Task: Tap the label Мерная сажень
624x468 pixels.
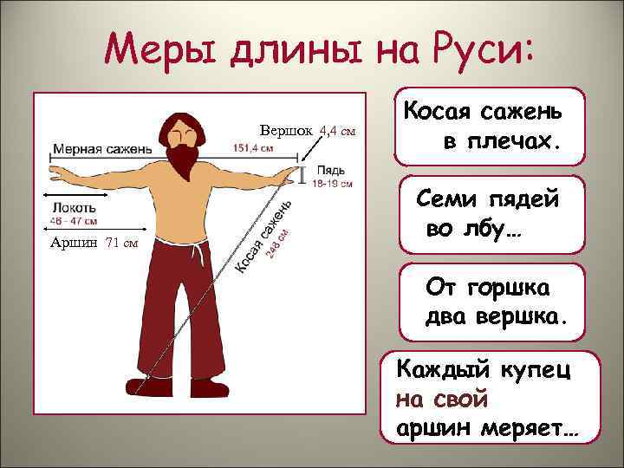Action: [102, 147]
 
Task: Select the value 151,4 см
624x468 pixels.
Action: [253, 147]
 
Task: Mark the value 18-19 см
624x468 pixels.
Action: [332, 183]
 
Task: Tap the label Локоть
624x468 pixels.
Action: [75, 207]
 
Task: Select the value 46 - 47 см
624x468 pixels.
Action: [74, 221]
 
